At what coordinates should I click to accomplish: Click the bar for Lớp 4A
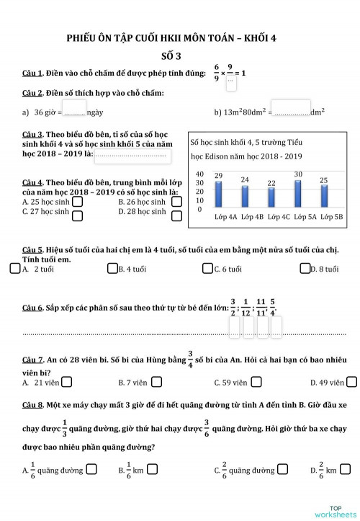point(218,194)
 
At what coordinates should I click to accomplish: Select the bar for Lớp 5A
point(297,193)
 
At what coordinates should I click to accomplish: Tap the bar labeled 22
point(271,197)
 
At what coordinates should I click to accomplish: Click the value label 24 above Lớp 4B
point(245,179)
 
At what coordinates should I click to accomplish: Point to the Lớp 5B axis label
point(332,216)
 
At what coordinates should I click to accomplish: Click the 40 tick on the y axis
point(199,174)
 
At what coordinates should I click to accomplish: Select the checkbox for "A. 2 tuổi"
point(15,269)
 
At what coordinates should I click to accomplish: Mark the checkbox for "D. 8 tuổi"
point(304,269)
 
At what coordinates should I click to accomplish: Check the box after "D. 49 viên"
point(354,383)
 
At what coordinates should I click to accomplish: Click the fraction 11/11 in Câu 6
point(261,307)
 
